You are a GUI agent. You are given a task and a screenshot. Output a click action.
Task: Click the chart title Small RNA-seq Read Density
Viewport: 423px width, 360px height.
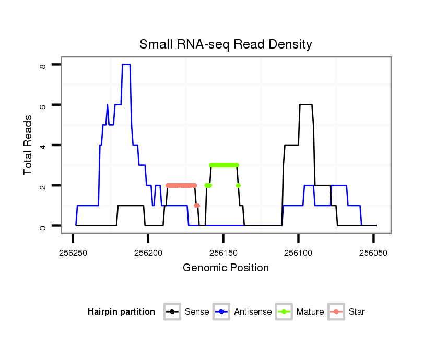click(x=226, y=44)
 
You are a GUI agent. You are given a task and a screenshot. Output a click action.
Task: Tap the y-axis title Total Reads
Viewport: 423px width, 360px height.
click(x=29, y=145)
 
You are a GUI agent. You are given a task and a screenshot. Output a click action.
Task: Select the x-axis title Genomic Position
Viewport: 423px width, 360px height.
click(x=226, y=268)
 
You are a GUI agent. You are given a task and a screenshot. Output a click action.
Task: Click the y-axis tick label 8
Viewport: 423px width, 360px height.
click(x=43, y=65)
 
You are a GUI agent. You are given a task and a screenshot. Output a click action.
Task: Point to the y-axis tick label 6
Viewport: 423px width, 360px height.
click(x=43, y=105)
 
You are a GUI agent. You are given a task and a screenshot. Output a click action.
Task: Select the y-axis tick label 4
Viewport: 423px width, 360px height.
click(x=43, y=145)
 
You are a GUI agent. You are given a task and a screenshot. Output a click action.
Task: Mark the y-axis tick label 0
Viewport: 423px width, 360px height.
click(x=43, y=226)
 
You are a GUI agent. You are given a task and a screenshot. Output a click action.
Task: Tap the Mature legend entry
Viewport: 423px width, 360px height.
click(x=310, y=312)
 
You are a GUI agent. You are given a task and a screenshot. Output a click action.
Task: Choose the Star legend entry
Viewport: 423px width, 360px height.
click(x=356, y=312)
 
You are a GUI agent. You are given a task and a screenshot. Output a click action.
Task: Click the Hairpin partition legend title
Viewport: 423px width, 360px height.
click(x=121, y=312)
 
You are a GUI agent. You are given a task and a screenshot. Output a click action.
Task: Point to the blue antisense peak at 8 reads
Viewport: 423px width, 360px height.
click(x=126, y=64)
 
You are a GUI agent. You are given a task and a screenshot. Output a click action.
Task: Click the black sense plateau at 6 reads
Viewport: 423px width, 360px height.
click(x=305, y=105)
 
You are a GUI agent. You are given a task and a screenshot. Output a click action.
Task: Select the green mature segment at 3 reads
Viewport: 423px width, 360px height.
click(x=224, y=165)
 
